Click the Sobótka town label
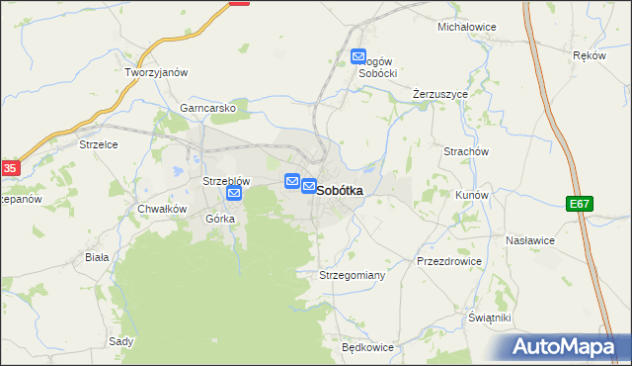pyautogui.click(x=340, y=189)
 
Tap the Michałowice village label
pyautogui.click(x=466, y=27)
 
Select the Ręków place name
pyautogui.click(x=589, y=55)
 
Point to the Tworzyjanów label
pyautogui.click(x=156, y=73)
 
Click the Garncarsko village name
pyautogui.click(x=206, y=107)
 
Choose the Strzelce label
pyautogui.click(x=99, y=144)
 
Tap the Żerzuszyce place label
pyautogui.click(x=439, y=94)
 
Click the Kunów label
pyautogui.click(x=471, y=195)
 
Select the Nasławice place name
pyautogui.click(x=530, y=240)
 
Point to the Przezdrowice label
pyautogui.click(x=449, y=261)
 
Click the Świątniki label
pyautogui.click(x=490, y=318)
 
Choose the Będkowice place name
pyautogui.click(x=367, y=348)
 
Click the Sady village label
pyautogui.click(x=121, y=341)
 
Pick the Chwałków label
pyautogui.click(x=162, y=209)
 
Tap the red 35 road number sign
pyautogui.click(x=9, y=168)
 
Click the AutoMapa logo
pyautogui.click(x=566, y=347)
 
